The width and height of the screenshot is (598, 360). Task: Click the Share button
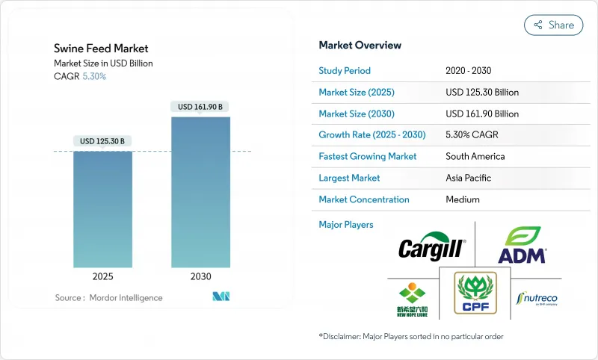click(553, 25)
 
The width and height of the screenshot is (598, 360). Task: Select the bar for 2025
click(102, 209)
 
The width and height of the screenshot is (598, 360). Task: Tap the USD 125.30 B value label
click(102, 141)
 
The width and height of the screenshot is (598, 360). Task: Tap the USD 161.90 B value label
click(200, 107)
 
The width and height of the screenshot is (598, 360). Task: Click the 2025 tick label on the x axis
click(102, 276)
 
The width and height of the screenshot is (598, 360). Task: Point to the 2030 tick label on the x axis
click(200, 276)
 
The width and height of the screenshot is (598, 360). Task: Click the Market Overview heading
click(360, 45)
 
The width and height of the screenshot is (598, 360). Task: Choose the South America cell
click(475, 157)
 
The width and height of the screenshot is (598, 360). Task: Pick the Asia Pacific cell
click(469, 178)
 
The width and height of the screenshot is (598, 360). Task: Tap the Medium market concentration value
click(463, 199)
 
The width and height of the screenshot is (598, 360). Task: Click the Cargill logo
click(432, 246)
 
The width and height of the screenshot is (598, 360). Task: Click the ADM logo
click(523, 245)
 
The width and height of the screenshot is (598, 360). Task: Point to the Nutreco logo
click(536, 299)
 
